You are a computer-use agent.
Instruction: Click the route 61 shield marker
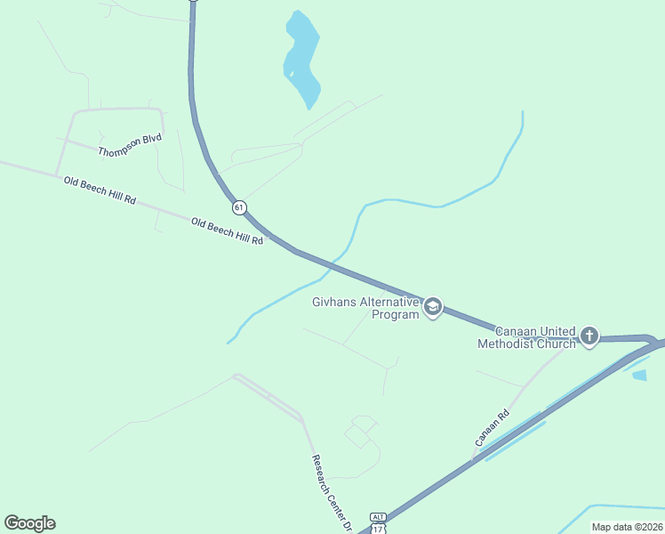pyautogui.click(x=239, y=207)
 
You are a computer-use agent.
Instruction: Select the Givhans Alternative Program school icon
pyautogui.click(x=433, y=308)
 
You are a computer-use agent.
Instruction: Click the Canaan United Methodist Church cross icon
pyautogui.click(x=589, y=336)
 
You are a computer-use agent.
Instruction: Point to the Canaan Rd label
pyautogui.click(x=492, y=427)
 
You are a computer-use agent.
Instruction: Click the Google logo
pyautogui.click(x=29, y=523)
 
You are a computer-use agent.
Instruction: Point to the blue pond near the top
pyautogui.click(x=301, y=58)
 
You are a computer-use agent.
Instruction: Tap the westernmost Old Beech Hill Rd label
pyautogui.click(x=100, y=190)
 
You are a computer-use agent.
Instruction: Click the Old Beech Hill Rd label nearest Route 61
pyautogui.click(x=227, y=231)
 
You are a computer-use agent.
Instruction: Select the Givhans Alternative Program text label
pyautogui.click(x=365, y=308)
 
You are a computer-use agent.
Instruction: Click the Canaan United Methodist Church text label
pyautogui.click(x=525, y=337)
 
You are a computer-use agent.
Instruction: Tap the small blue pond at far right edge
pyautogui.click(x=639, y=375)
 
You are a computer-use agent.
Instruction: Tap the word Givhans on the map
pyautogui.click(x=334, y=302)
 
